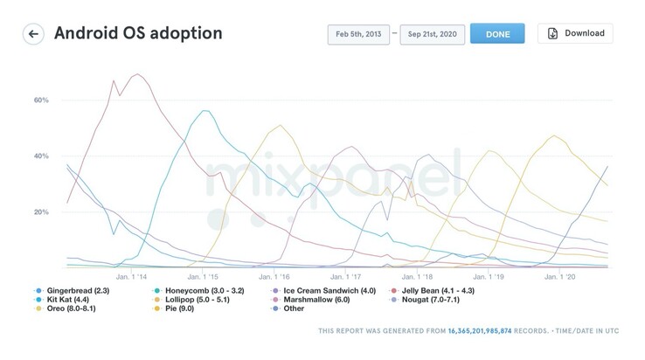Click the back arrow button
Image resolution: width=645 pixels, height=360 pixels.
point(34,34)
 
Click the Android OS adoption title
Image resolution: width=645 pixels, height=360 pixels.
point(138,34)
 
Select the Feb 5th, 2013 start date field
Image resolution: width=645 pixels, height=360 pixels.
point(358,34)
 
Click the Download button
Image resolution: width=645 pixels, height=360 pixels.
point(575,34)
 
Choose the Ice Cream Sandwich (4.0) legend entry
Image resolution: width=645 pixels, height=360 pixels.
point(318,291)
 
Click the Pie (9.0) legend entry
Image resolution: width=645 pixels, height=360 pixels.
point(183,309)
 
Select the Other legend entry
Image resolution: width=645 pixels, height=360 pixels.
point(289,309)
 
